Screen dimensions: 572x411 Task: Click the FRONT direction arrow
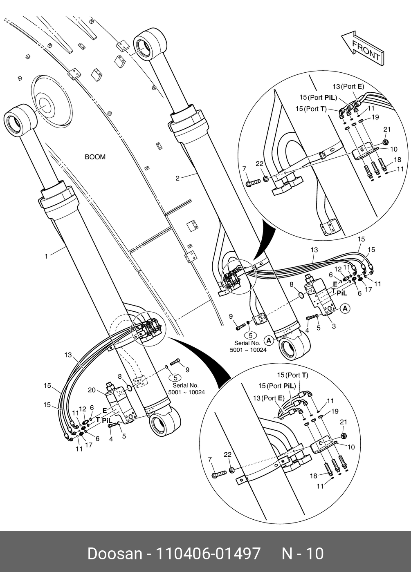[x=362, y=47]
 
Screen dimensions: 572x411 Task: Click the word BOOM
[x=95, y=157]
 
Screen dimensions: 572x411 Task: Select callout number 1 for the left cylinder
[x=46, y=256]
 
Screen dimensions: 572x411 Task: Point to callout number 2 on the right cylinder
[x=177, y=178]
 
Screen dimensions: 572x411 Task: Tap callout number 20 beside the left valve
[x=92, y=390]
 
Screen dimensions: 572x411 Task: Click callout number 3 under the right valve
[x=334, y=326]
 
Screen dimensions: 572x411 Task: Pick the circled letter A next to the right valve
[x=345, y=308]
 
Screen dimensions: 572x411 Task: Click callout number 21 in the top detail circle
[x=386, y=130]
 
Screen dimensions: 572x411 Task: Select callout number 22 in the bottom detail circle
[x=227, y=454]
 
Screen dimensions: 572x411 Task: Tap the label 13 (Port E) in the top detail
[x=348, y=86]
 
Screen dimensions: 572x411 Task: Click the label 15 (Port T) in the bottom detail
[x=292, y=375]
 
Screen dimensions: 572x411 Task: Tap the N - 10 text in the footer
[x=303, y=554]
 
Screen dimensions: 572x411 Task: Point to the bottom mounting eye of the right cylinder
[x=292, y=347]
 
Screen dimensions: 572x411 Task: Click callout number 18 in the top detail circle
[x=398, y=159]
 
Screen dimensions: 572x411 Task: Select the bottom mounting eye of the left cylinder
[x=165, y=423]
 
